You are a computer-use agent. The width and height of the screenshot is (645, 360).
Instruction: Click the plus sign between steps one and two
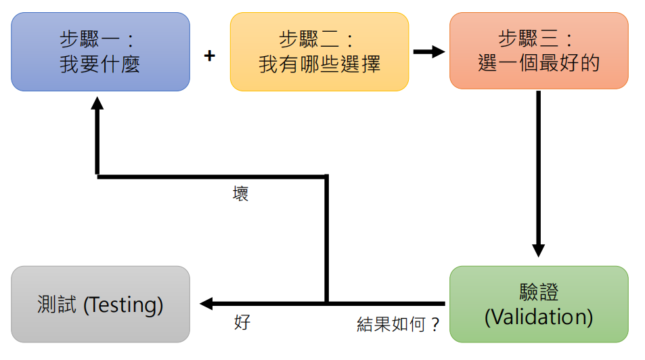pos(210,55)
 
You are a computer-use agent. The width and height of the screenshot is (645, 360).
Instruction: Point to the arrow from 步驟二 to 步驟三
pos(428,51)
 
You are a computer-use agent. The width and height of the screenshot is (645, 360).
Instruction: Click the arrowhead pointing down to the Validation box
pos(539,249)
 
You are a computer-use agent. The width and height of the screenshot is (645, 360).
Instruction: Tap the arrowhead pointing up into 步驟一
pos(97,105)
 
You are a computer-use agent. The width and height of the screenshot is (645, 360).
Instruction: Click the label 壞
pos(240,194)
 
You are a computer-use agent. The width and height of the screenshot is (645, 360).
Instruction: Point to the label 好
pos(242,322)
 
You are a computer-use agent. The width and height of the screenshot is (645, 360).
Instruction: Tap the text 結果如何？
pos(398,325)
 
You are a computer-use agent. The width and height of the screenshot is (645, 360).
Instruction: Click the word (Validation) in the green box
pos(539,316)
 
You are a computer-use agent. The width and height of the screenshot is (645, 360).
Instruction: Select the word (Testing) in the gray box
pos(123,305)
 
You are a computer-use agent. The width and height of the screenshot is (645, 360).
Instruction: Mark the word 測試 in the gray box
pos(58,305)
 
